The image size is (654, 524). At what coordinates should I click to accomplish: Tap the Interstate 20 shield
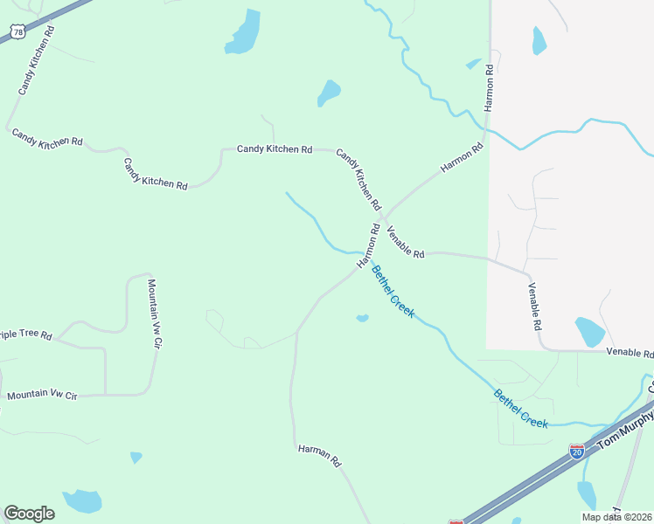click(576, 451)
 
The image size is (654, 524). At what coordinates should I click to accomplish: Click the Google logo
click(29, 514)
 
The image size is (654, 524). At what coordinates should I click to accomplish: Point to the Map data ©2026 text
click(616, 516)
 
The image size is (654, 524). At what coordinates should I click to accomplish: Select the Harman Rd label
click(318, 455)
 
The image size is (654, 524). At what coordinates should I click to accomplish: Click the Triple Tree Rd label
click(26, 335)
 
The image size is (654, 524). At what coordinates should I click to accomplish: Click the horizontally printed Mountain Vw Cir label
click(42, 396)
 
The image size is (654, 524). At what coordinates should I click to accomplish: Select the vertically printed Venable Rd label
click(533, 306)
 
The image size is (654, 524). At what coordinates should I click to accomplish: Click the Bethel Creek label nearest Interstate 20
click(521, 408)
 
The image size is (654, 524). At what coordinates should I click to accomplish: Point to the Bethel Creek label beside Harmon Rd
click(393, 292)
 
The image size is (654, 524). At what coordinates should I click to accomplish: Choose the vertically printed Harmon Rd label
click(489, 86)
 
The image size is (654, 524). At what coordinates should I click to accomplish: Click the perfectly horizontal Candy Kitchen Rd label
click(275, 149)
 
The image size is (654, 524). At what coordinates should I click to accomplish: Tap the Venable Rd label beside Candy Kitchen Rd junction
click(405, 241)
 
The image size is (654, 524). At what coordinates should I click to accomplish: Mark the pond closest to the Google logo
click(83, 501)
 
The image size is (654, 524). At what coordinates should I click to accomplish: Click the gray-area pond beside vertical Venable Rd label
click(589, 332)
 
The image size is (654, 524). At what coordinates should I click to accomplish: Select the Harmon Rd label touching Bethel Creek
click(368, 246)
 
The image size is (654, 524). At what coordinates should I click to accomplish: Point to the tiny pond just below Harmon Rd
click(362, 318)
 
